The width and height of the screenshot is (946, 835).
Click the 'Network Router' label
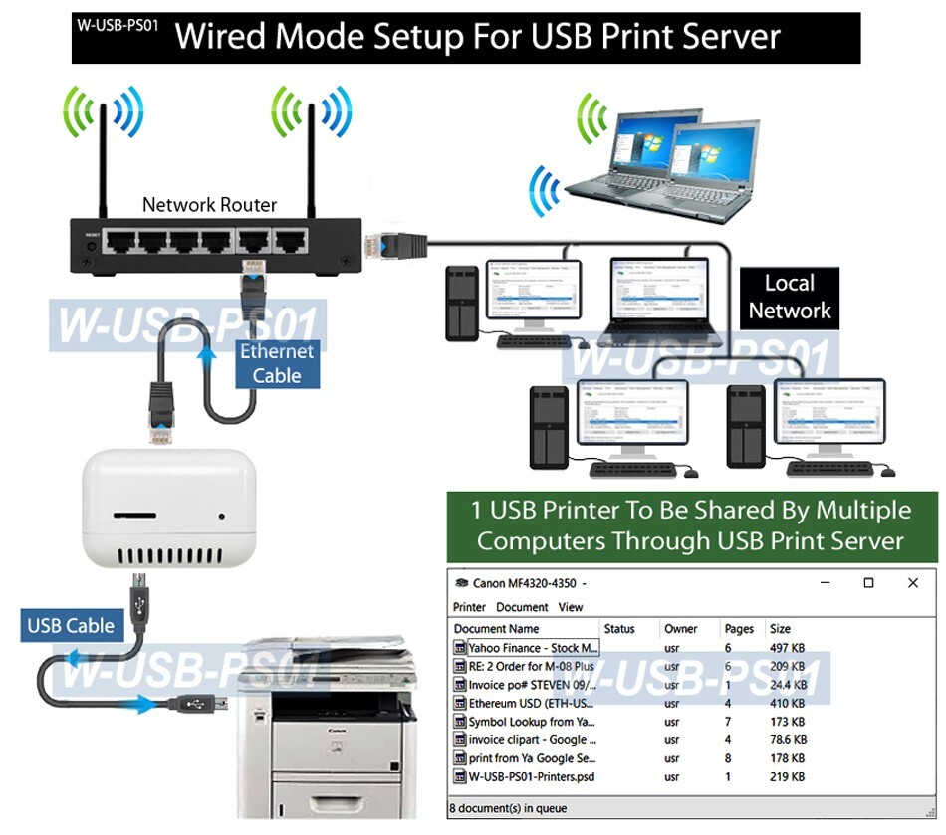(209, 205)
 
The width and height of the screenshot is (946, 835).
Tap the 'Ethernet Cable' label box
(276, 363)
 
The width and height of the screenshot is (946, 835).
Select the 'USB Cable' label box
(71, 626)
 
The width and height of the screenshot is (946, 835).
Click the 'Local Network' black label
(789, 297)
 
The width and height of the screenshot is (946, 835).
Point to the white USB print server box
(168, 508)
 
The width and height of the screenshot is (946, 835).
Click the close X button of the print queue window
(912, 583)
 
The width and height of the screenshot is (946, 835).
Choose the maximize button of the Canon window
(868, 583)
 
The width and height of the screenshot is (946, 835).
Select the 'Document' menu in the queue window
(522, 607)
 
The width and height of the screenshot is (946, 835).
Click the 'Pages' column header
(739, 629)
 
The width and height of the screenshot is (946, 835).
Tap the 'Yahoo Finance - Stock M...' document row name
(532, 648)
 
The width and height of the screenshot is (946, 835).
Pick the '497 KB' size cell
(787, 648)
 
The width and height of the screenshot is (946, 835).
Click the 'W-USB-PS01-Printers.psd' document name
(532, 776)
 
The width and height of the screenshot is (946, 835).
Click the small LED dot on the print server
(221, 517)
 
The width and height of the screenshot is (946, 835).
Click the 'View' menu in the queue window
(571, 607)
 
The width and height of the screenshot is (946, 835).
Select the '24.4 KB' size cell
(788, 685)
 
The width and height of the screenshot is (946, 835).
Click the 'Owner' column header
(681, 629)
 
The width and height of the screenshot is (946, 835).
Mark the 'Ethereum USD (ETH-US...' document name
(532, 703)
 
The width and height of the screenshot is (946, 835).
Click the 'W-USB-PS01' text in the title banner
(118, 25)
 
